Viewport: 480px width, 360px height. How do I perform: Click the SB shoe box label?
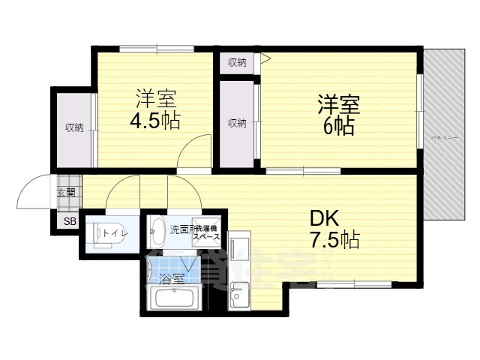click(69, 221)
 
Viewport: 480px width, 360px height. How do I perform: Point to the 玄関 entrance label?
click(66, 192)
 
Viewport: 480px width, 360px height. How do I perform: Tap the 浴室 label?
click(172, 279)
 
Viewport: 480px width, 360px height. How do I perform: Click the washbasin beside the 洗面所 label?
click(157, 230)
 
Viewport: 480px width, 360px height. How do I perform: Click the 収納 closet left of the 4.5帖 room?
click(73, 127)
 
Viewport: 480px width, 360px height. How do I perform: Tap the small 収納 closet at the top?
click(238, 62)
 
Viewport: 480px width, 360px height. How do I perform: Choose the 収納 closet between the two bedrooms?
click(237, 123)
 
